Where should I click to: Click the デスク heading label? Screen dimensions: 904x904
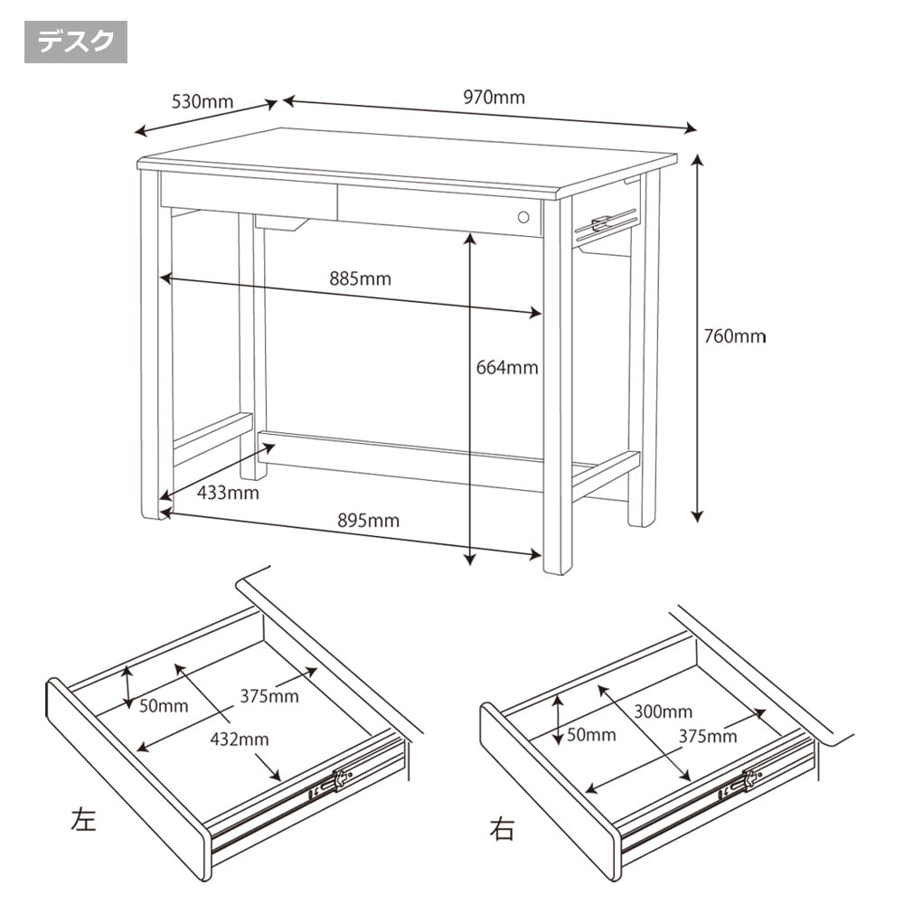pos(76,42)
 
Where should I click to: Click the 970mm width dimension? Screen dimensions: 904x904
pos(494,97)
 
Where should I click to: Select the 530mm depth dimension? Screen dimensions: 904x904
pos(202,101)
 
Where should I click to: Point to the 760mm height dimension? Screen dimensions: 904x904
pos(735,335)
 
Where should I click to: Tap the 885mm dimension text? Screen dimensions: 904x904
pos(361,278)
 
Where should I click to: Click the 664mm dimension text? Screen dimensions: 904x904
pos(507,367)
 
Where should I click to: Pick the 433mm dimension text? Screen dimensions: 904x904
pos(229,493)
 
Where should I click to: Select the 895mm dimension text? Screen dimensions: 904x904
pos(369,521)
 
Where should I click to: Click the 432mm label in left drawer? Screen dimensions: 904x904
pos(240,739)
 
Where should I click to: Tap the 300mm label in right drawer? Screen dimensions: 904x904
pos(663,711)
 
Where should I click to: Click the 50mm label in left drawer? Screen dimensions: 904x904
pos(164,706)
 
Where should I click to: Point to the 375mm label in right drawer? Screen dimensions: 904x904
pos(708,736)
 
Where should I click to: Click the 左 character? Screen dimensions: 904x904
pos(83,819)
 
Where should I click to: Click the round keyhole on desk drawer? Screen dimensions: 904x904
pos(523,217)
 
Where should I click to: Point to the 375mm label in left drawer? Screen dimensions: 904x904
pos(269,696)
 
